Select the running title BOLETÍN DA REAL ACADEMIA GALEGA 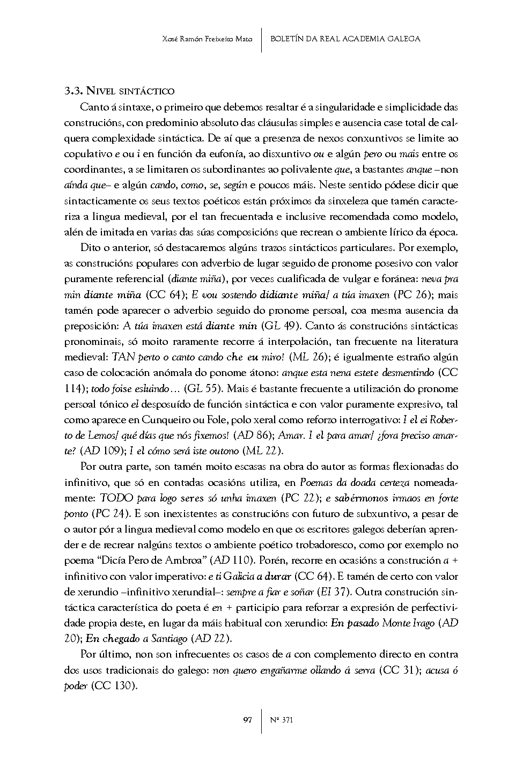pos(345,39)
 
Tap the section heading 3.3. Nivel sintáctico pos(119,91)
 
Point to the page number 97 pos(248,720)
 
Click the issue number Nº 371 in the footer pos(282,720)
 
